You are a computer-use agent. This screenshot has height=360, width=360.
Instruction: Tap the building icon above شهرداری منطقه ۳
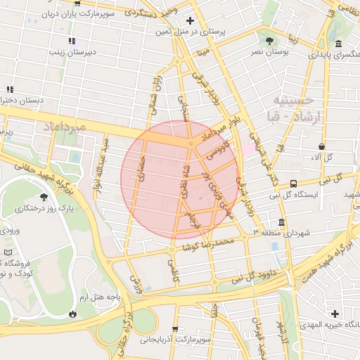point(287,220)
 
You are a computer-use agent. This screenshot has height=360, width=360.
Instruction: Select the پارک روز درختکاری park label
point(46,209)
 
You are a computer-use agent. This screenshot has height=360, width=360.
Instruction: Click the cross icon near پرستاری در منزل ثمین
point(192,21)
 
